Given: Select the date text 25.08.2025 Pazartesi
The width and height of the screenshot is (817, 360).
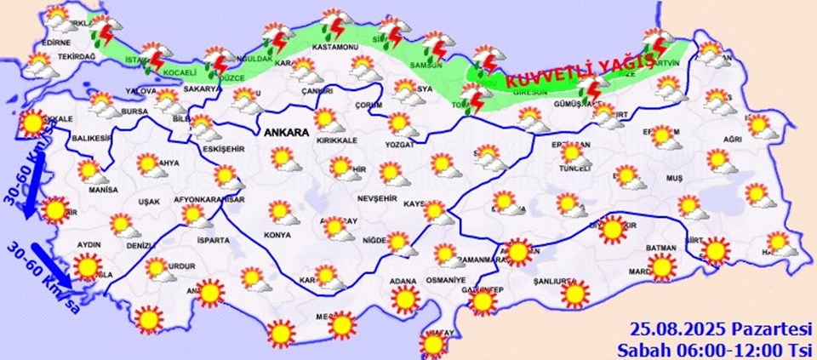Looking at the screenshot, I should [721, 329].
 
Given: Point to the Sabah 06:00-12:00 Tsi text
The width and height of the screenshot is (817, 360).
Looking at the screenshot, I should [716, 348].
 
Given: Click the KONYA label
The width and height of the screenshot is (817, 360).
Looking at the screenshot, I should [277, 235].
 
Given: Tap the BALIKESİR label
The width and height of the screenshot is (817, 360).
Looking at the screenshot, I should [92, 138].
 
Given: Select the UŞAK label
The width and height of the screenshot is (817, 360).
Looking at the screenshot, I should [147, 202].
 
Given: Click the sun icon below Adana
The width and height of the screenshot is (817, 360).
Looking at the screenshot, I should [405, 300].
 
